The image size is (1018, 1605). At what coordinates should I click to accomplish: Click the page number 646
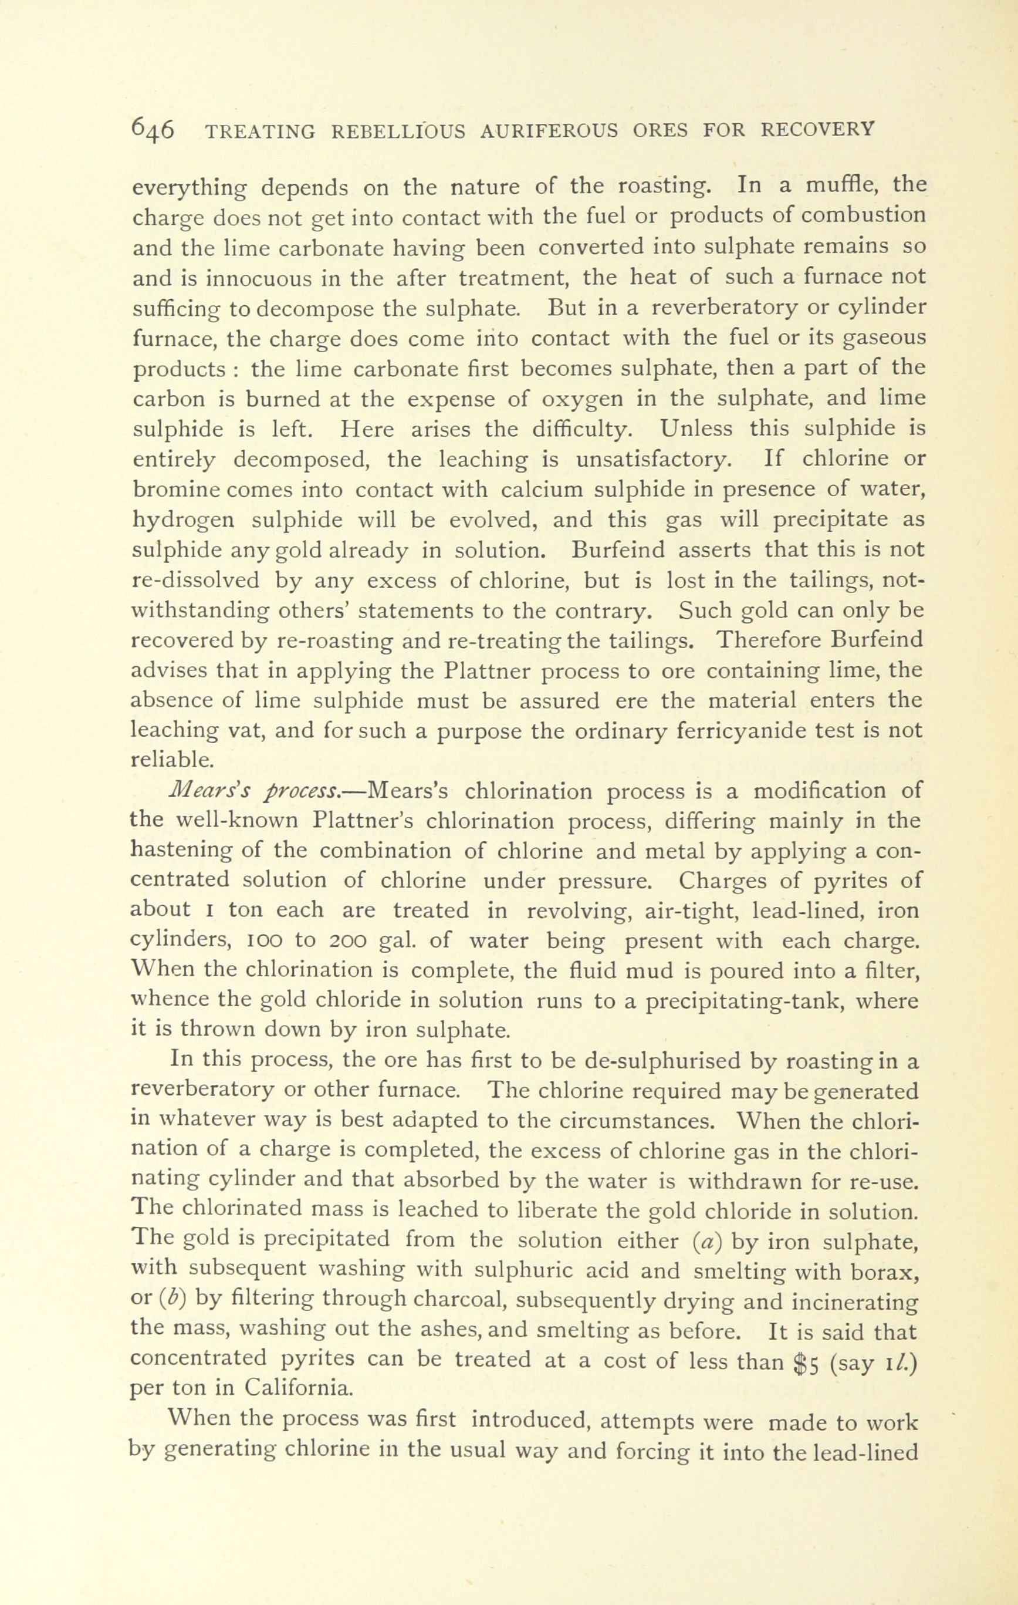click(154, 129)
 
